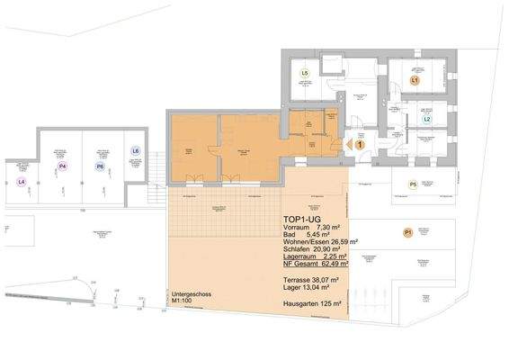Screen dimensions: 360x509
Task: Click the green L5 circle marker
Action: click(306, 73)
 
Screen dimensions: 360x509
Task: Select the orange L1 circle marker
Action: click(415, 80)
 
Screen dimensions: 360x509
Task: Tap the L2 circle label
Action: click(428, 119)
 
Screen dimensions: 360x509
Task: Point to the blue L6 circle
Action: click(135, 150)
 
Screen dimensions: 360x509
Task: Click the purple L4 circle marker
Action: click(22, 181)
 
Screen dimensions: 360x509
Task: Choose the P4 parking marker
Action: click(62, 166)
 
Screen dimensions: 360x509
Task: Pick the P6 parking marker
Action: click(100, 166)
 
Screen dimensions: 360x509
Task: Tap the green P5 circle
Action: click(413, 184)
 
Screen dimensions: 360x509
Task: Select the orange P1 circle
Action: click(407, 233)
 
